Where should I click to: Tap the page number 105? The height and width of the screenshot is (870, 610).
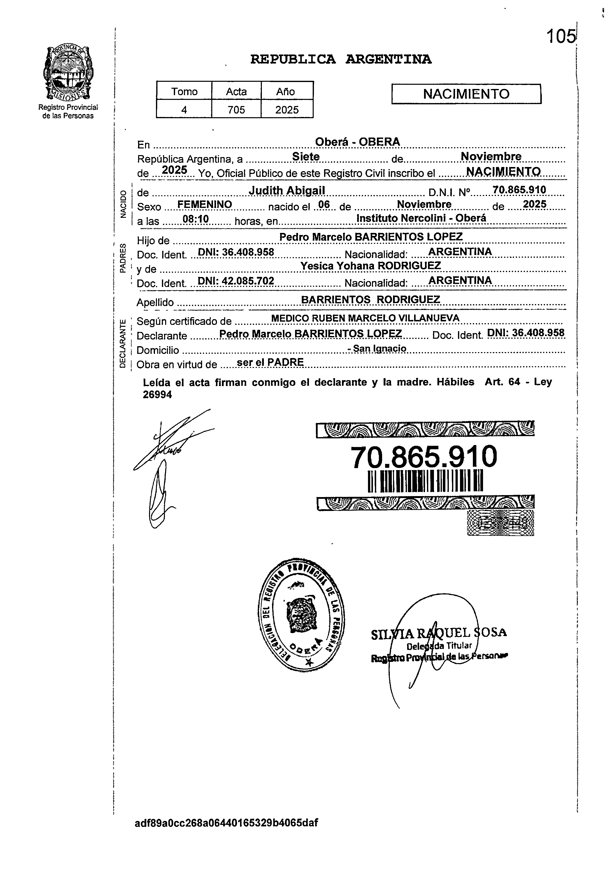[x=560, y=37]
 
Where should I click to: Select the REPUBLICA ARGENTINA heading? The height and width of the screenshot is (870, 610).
[x=340, y=59]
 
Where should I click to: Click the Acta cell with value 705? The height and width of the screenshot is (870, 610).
[x=236, y=110]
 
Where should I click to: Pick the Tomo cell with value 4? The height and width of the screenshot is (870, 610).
[x=184, y=110]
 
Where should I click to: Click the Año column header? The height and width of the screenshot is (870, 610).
[x=287, y=91]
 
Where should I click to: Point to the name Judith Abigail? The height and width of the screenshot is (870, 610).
[x=287, y=191]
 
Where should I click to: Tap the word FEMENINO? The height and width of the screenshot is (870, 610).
[x=205, y=205]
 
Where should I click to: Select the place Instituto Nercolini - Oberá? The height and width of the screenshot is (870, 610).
[x=421, y=218]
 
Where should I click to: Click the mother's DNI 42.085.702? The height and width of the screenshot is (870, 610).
[x=236, y=281]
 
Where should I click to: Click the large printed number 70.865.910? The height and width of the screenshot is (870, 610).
[x=424, y=457]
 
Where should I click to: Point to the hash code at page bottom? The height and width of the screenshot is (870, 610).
[x=226, y=823]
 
